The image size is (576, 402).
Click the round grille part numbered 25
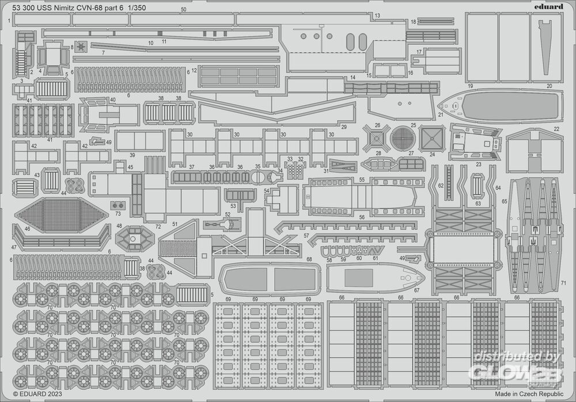403,138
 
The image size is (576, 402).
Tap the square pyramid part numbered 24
431,138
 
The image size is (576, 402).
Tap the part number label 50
183,10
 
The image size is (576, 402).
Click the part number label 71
563,283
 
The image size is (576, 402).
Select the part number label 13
378,16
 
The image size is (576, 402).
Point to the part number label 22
556,129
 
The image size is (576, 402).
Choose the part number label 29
344,127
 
